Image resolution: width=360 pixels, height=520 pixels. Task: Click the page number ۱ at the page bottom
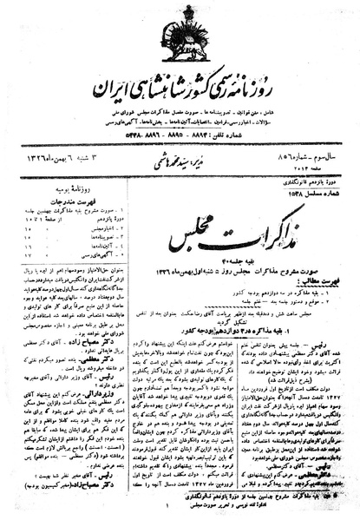click(180, 502)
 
